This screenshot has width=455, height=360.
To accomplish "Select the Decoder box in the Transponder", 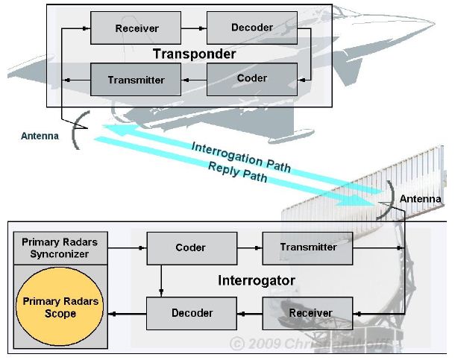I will (x=252, y=28).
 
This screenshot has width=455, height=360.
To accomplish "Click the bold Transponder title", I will (x=194, y=54).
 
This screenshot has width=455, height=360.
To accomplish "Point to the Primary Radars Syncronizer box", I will (x=60, y=248).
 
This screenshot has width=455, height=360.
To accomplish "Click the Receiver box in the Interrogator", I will (x=307, y=313).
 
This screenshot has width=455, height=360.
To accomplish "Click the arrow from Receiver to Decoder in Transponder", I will (x=194, y=28).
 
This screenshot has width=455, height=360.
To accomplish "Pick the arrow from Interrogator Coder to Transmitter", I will (x=250, y=248).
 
